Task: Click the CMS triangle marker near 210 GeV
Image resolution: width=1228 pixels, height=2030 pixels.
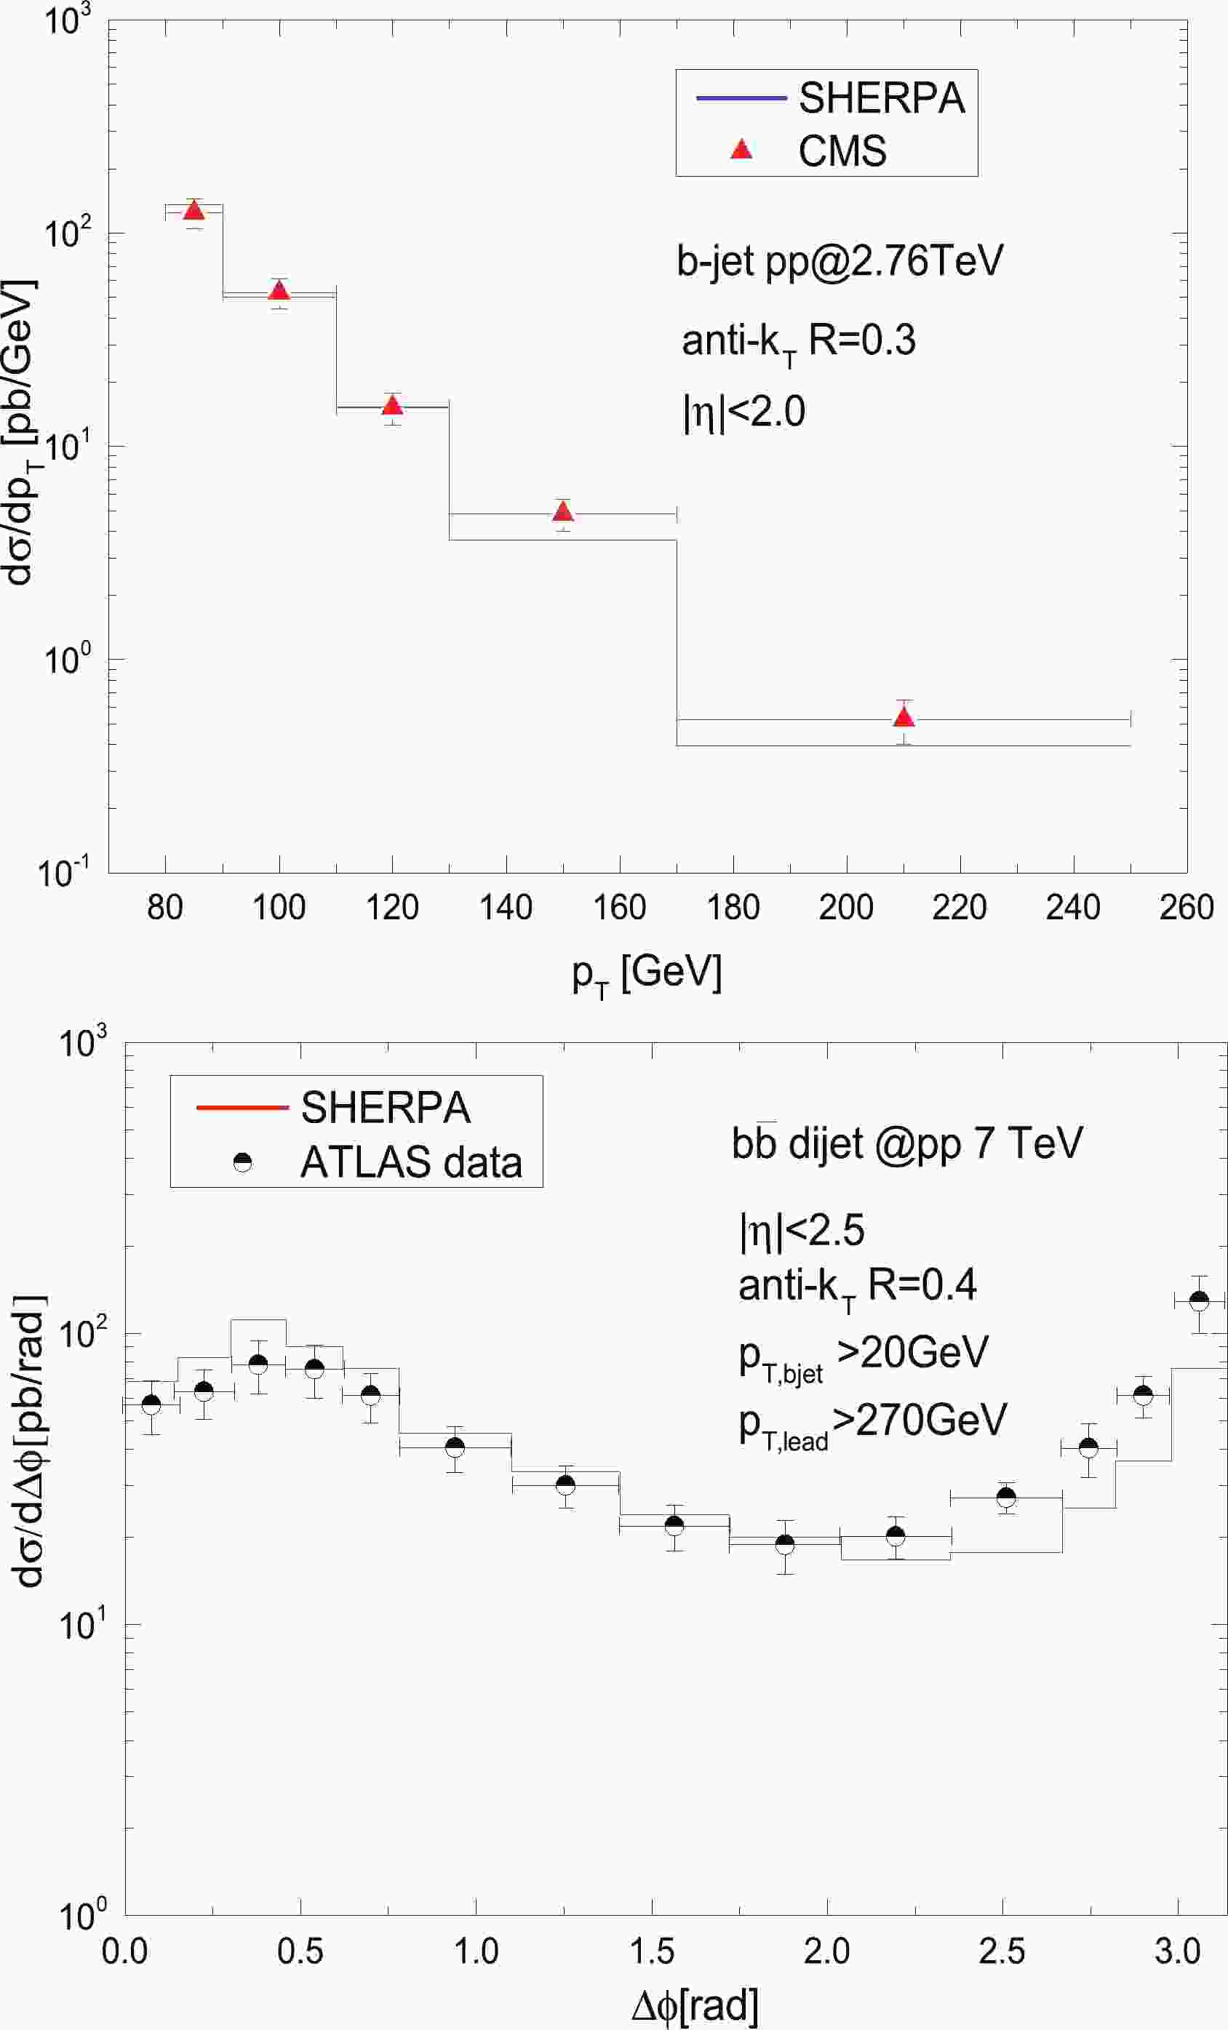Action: [x=904, y=716]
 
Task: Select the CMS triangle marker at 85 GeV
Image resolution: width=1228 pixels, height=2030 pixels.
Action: [x=194, y=210]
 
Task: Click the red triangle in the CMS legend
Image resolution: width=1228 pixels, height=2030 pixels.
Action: [x=742, y=150]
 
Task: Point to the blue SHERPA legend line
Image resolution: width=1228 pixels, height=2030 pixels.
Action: [x=742, y=99]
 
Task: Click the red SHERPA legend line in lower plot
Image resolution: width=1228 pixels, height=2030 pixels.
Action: [x=242, y=1107]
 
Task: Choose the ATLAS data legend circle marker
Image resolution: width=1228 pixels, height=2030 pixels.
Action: [x=242, y=1162]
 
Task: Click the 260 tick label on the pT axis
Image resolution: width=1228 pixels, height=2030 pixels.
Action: [x=1186, y=908]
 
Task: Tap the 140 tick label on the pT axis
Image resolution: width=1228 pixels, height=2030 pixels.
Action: [x=506, y=908]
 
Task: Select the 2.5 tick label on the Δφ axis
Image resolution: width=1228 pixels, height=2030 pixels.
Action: [x=1002, y=1951]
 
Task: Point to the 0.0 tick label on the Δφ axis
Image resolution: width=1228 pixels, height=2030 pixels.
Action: [x=124, y=1951]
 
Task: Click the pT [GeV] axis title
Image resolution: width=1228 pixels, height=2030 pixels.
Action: [x=647, y=974]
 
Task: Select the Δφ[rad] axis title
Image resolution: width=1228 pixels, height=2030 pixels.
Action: [x=695, y=2007]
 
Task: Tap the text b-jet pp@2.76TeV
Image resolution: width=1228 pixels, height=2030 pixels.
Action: [x=840, y=261]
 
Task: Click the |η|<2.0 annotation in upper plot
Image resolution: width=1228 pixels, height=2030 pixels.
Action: [x=743, y=411]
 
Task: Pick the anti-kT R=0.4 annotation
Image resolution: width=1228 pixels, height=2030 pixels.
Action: [x=857, y=1286]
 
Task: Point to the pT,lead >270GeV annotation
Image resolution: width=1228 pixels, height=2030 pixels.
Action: [x=872, y=1422]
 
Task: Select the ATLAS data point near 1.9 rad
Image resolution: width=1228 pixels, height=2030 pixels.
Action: [x=785, y=1544]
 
